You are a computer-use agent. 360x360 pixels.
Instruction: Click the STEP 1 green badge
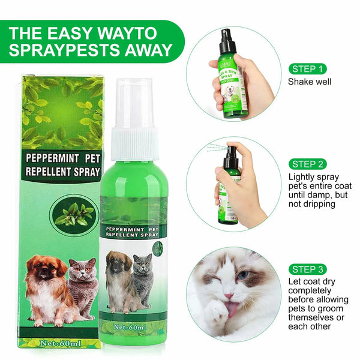coord(309,68)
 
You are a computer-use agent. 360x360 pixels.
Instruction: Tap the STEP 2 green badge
coord(309,163)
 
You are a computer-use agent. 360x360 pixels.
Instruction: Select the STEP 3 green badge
coord(309,269)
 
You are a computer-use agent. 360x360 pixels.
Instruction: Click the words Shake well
coord(310,82)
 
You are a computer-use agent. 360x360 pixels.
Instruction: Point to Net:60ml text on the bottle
coord(134,329)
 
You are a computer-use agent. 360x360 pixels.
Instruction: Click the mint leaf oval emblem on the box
coord(74,214)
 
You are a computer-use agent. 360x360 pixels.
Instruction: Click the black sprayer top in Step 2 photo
coord(229,157)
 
